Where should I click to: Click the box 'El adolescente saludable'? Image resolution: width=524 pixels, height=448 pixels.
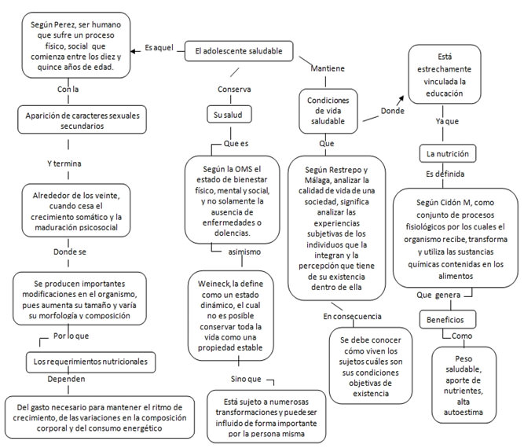[x=239, y=51]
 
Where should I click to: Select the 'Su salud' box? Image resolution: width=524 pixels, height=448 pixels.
[x=229, y=115]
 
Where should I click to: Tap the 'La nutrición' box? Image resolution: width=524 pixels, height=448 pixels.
[x=448, y=154]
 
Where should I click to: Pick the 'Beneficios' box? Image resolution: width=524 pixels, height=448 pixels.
[x=448, y=320]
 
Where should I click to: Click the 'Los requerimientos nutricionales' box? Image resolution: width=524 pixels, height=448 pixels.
[x=90, y=362]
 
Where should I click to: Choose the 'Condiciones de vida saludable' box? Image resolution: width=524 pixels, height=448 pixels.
[x=328, y=111]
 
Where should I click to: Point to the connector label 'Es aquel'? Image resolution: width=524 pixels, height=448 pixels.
[x=159, y=48]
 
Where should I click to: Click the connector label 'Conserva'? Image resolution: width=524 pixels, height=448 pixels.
[x=234, y=90]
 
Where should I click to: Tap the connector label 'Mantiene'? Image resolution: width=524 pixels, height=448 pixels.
[x=328, y=68]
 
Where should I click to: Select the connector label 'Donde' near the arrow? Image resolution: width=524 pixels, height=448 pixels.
[x=393, y=111]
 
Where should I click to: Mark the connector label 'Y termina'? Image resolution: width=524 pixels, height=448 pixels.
[x=64, y=163]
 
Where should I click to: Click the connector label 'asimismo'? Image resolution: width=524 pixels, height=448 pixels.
[x=244, y=252]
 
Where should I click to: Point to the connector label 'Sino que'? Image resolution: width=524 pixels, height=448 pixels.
[x=246, y=379]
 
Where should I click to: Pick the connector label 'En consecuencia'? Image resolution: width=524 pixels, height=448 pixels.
[x=352, y=316]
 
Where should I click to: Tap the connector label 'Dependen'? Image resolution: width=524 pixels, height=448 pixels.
[x=66, y=379]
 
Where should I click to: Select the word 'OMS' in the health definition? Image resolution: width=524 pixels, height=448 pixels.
[x=244, y=169]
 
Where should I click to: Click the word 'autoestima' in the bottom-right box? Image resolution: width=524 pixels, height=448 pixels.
[x=464, y=412]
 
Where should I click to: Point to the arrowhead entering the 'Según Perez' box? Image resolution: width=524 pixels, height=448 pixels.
[x=133, y=51]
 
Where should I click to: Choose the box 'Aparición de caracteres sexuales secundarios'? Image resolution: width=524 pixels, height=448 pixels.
[x=82, y=120]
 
